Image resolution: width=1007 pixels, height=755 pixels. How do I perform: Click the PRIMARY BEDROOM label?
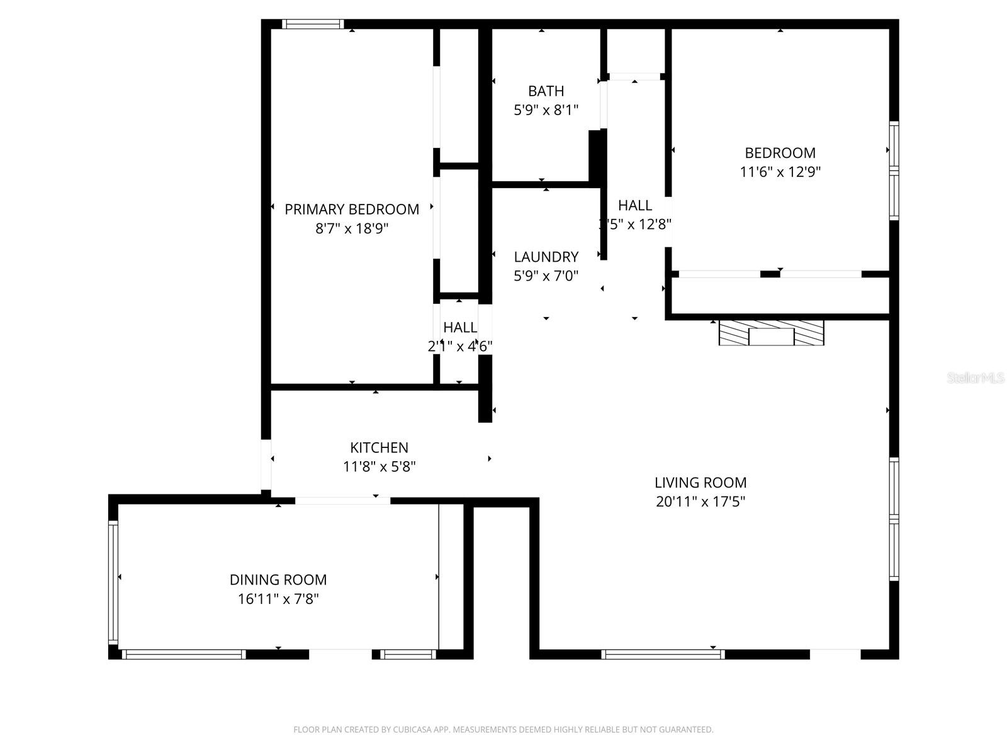352,210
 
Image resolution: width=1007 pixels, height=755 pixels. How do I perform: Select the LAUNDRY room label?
546,257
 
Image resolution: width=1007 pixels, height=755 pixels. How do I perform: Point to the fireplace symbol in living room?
771,332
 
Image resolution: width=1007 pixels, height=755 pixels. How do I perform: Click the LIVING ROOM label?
700,483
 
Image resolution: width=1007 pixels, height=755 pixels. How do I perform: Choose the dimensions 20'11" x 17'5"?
700,502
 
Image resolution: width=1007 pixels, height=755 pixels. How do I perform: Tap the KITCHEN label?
379,447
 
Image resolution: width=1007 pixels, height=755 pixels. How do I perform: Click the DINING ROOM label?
278,579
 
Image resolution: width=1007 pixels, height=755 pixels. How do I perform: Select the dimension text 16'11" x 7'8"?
278,599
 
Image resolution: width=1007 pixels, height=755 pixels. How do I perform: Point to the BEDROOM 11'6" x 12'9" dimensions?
780,172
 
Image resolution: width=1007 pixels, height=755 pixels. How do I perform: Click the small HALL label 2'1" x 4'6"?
460,327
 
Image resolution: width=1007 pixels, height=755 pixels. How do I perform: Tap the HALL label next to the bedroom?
634,205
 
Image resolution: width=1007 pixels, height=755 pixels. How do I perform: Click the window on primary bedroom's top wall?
312,25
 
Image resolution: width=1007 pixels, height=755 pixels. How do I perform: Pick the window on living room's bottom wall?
663,654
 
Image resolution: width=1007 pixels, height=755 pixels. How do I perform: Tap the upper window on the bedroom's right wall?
893,145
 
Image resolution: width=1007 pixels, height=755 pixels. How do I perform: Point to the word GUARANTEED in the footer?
686,730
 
